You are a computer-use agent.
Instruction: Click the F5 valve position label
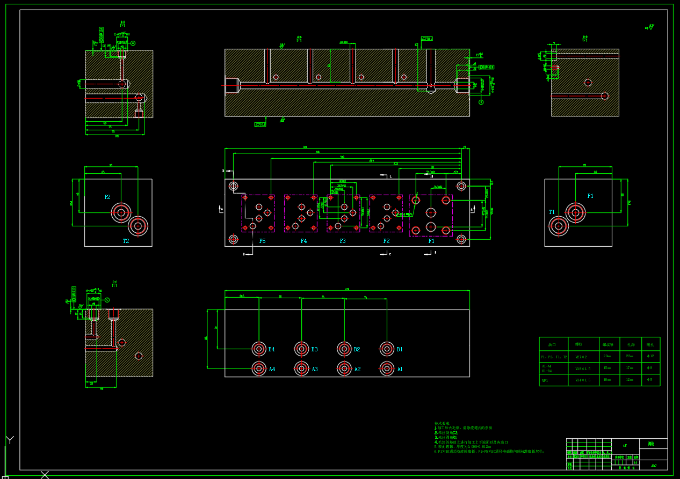262,241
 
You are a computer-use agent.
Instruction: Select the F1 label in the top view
431,241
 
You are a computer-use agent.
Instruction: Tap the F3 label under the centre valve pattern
343,241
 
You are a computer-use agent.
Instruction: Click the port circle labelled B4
259,349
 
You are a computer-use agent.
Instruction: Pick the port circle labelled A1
387,369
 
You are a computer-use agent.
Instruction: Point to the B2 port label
357,350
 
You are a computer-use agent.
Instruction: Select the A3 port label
315,369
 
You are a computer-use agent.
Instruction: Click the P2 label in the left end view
107,197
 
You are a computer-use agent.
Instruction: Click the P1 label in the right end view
590,196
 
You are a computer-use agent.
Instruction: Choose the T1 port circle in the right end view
559,226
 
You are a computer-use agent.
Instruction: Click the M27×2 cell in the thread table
582,356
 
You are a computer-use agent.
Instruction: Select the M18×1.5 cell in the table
583,369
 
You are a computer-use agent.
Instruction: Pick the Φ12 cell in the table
650,356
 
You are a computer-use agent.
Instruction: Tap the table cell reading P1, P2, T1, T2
553,357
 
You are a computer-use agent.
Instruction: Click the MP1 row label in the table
545,380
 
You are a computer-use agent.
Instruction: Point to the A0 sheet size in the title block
654,466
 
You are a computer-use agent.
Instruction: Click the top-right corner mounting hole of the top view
461,186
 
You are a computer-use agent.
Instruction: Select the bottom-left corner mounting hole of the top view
233,239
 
